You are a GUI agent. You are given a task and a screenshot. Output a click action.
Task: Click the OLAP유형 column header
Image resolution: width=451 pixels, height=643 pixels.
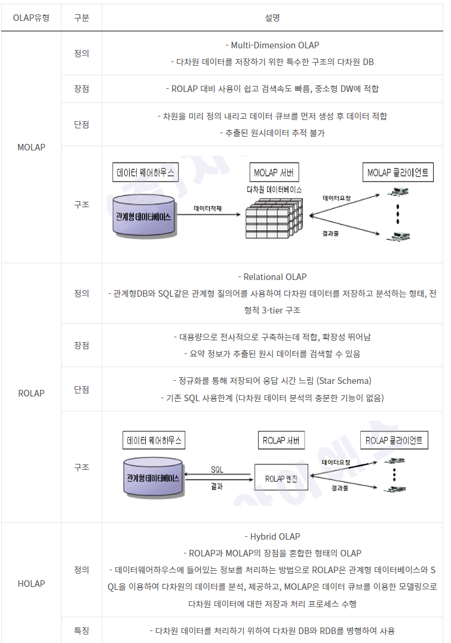(x=31, y=17)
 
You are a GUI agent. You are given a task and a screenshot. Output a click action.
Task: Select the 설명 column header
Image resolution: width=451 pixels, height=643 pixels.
(x=272, y=17)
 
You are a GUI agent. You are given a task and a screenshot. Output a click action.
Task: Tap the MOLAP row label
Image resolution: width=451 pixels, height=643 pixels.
(x=31, y=146)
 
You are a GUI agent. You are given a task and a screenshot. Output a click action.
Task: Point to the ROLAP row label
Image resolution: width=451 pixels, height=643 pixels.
(x=31, y=393)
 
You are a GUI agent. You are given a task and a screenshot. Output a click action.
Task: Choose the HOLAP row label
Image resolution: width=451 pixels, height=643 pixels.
(x=31, y=583)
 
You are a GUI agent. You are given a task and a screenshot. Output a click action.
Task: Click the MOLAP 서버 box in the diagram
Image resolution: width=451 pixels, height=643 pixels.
(x=273, y=173)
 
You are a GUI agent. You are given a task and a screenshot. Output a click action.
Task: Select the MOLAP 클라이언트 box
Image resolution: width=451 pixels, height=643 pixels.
(x=397, y=173)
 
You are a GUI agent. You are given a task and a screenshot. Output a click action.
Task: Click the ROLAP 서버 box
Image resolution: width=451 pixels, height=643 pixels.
(x=281, y=441)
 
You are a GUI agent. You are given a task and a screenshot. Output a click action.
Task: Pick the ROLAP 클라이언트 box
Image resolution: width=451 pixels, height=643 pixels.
(x=394, y=441)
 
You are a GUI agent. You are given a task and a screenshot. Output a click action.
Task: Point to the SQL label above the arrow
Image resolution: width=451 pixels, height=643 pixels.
(x=217, y=469)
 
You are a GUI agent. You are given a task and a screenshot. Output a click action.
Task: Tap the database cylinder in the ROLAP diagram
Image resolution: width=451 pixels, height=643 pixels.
(x=153, y=477)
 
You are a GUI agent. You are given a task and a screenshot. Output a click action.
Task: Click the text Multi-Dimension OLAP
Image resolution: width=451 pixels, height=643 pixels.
(x=272, y=45)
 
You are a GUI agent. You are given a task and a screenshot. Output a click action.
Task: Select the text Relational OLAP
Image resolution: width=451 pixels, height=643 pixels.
(x=272, y=277)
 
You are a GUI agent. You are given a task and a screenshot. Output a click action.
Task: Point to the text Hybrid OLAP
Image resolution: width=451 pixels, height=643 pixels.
(x=272, y=537)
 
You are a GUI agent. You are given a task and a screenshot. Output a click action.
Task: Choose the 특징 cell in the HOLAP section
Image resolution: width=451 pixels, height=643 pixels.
(x=81, y=630)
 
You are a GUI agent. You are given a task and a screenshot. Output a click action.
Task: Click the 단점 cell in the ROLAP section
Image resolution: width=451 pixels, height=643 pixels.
(x=81, y=389)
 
